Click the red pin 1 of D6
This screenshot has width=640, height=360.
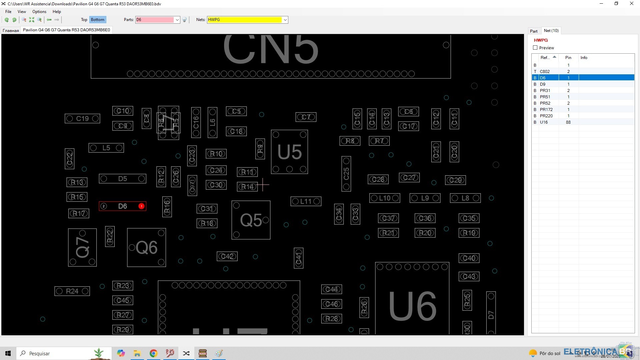pyautogui.click(x=141, y=206)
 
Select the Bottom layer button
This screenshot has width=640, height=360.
pyautogui.click(x=97, y=20)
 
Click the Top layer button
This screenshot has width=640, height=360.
pyautogui.click(x=84, y=20)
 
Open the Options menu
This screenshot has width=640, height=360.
pyautogui.click(x=39, y=12)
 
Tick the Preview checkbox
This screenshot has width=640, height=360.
pyautogui.click(x=535, y=48)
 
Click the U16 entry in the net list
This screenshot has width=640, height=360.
pyautogui.click(x=544, y=122)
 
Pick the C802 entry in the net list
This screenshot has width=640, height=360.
pyautogui.click(x=545, y=71)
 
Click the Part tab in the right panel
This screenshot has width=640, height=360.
pyautogui.click(x=534, y=31)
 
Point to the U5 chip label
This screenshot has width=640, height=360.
pyautogui.click(x=289, y=152)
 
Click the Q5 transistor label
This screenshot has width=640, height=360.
pyautogui.click(x=251, y=220)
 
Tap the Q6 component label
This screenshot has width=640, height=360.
pyautogui.click(x=146, y=247)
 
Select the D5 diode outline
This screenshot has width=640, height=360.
pyautogui.click(x=122, y=179)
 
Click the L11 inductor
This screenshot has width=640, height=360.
pyautogui.click(x=306, y=201)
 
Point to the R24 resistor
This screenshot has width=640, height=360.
pyautogui.click(x=72, y=291)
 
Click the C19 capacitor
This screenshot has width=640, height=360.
pyautogui.click(x=82, y=118)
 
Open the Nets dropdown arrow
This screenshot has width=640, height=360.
pyautogui.click(x=285, y=20)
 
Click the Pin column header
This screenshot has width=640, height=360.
pyautogui.click(x=568, y=58)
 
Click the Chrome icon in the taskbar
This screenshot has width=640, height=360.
pyautogui.click(x=153, y=353)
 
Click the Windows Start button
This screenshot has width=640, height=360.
pyautogui.click(x=8, y=353)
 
